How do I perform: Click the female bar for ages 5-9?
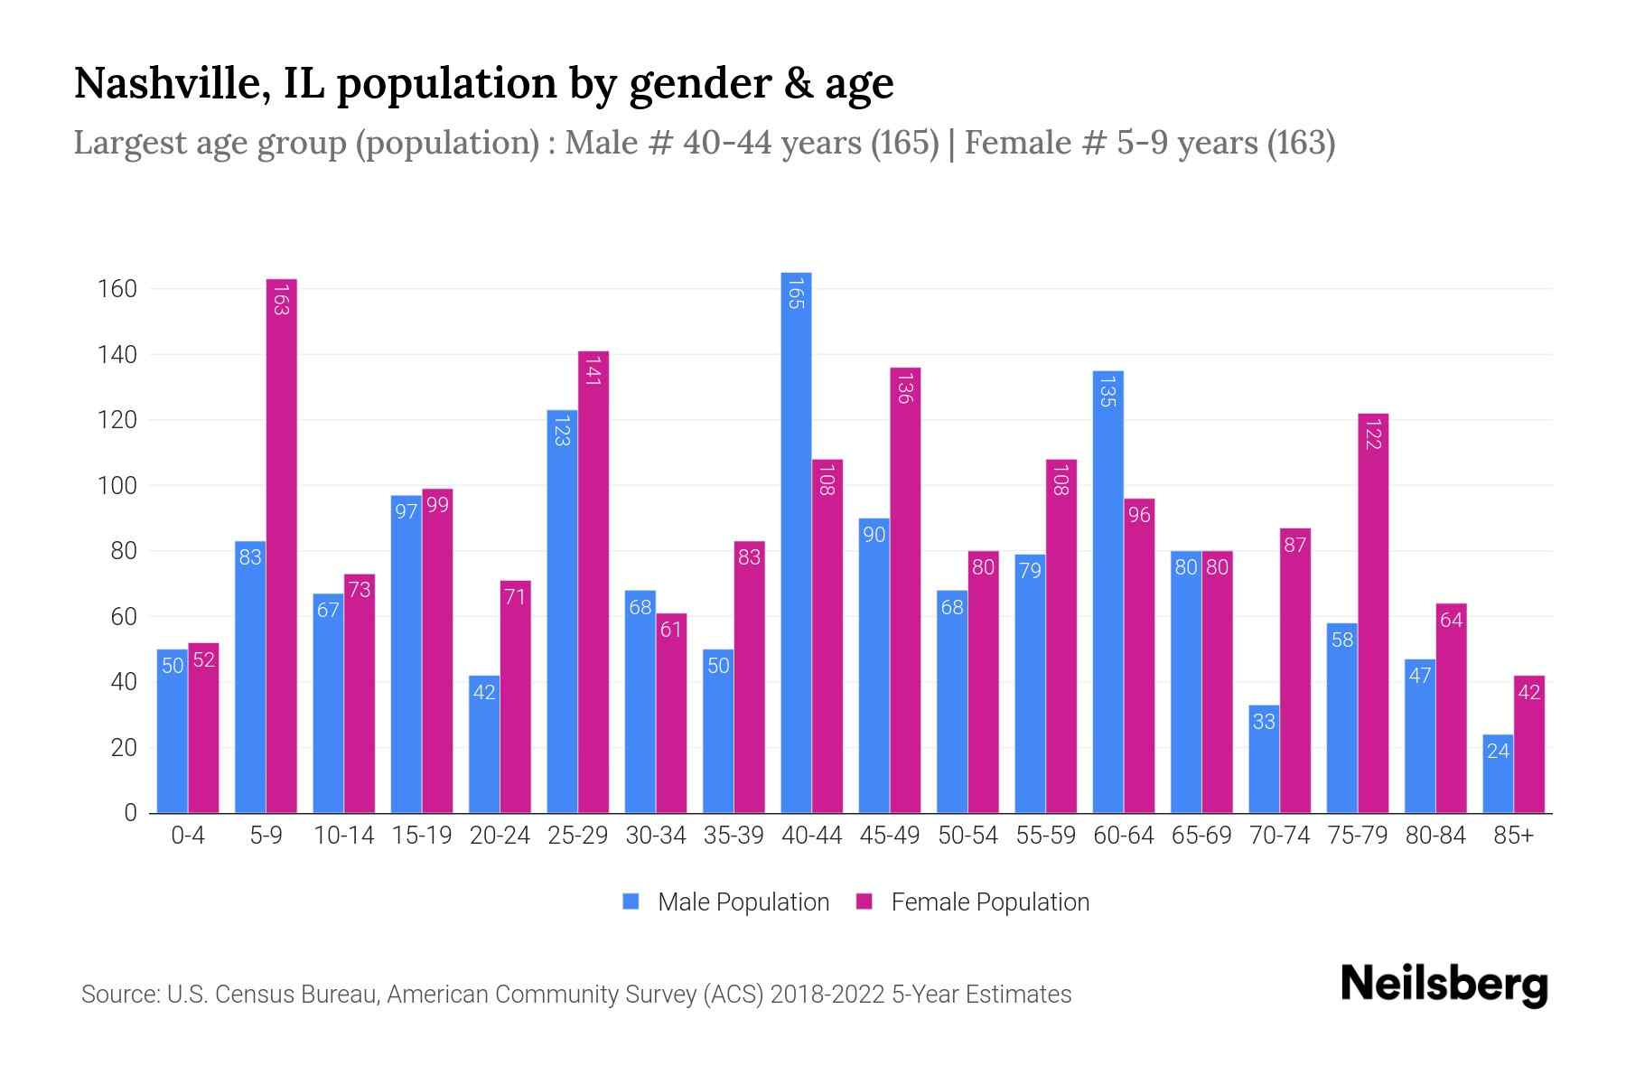(x=282, y=547)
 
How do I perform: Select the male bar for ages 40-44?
(x=796, y=542)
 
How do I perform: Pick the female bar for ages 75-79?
(x=1373, y=614)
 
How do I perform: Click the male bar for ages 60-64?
(x=1108, y=592)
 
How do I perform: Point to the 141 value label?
(x=593, y=371)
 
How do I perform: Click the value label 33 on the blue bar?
(x=1264, y=721)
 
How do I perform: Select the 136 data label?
(x=904, y=388)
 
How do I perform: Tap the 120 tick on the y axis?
(x=117, y=420)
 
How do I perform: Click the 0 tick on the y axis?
(x=131, y=813)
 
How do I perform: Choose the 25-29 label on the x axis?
(x=577, y=836)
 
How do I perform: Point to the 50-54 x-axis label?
(x=967, y=836)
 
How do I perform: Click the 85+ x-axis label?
(x=1513, y=836)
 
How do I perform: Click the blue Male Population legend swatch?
(x=631, y=902)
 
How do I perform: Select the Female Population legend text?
(x=990, y=902)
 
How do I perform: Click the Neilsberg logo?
(x=1444, y=985)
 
